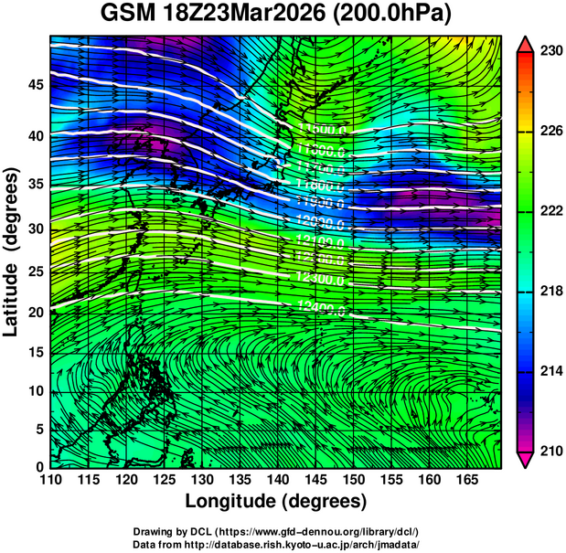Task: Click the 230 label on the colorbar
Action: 550,52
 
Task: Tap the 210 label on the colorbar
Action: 550,451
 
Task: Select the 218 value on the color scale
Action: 550,292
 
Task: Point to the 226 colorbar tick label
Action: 550,132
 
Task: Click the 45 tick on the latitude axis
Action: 35,85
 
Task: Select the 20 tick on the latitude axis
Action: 35,313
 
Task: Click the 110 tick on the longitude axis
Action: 50,480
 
